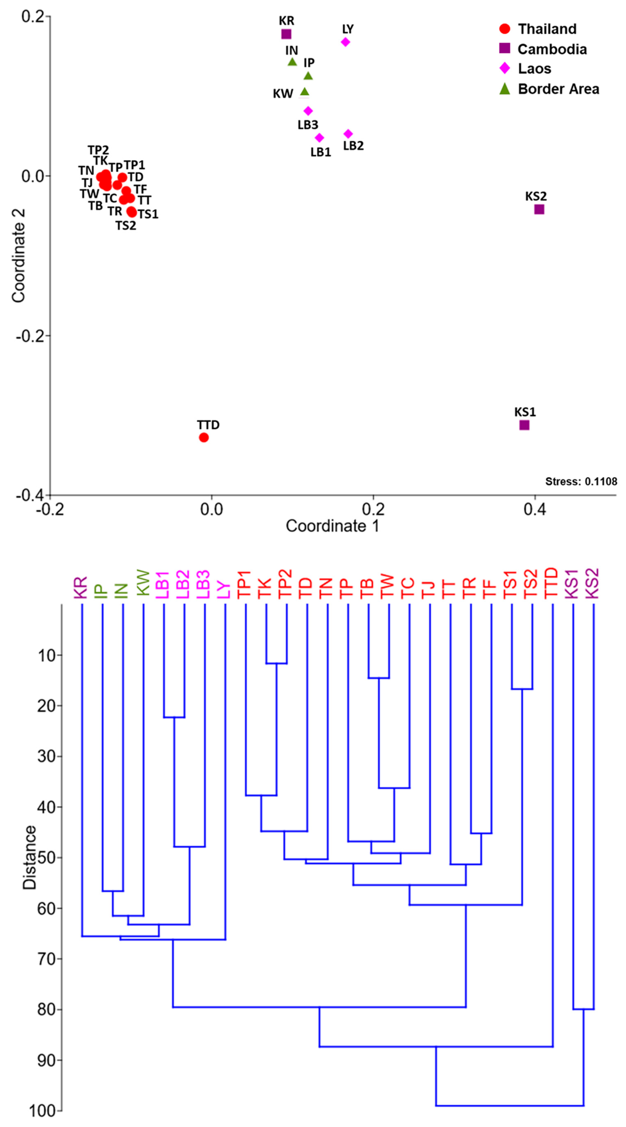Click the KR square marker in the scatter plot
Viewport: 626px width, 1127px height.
286,34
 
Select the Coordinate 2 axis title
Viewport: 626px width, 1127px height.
18,256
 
